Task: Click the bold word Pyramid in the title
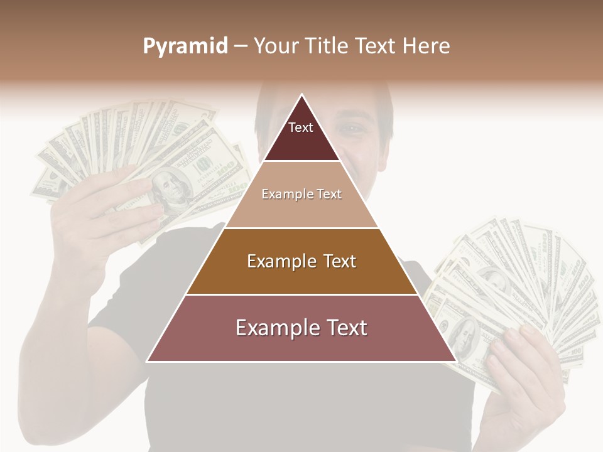point(185,46)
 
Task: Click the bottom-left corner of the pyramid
point(148,360)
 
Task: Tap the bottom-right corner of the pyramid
point(455,360)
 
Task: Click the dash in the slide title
point(240,46)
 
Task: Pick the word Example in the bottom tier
point(273,328)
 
